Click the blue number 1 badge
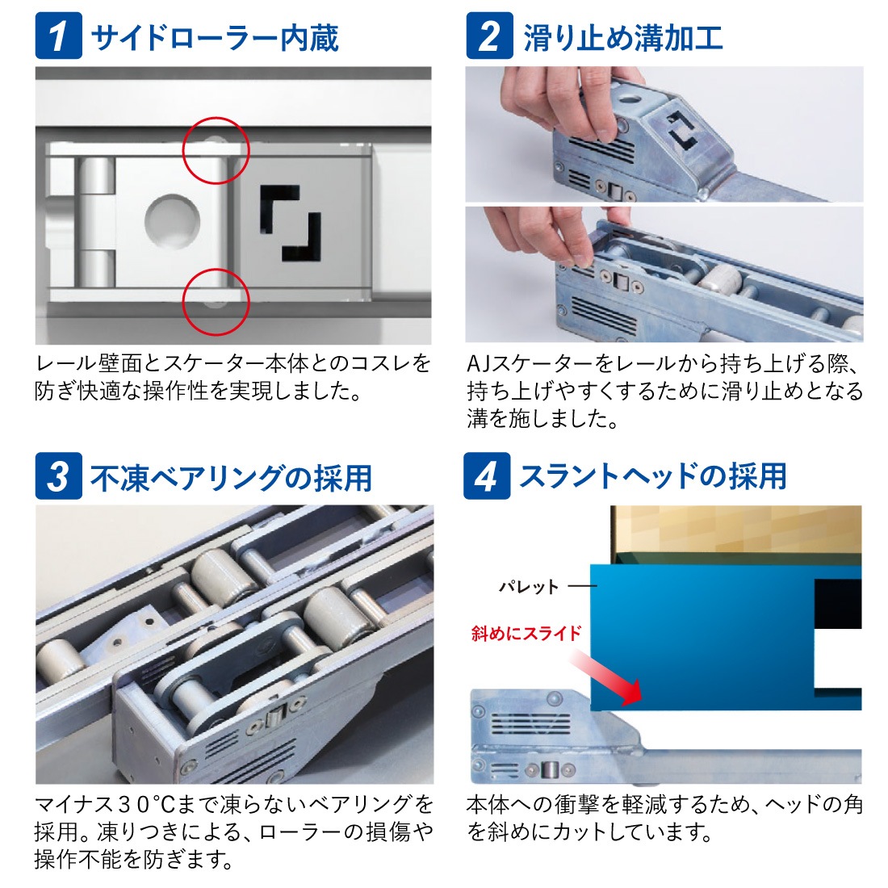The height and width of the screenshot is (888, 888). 58,36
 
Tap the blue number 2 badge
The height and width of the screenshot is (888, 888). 489,36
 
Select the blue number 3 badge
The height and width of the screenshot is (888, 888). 58,475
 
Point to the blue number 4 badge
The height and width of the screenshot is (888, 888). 487,475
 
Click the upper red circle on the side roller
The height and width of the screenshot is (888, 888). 216,118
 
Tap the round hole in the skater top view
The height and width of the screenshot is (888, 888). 172,221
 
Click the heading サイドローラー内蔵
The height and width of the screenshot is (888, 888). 215,37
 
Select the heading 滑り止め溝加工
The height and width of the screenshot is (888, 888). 623,37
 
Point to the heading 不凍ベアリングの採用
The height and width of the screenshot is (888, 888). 231,477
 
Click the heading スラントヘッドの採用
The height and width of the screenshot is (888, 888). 653,475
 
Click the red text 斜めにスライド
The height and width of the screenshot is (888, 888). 526,633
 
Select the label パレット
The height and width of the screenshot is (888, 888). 529,586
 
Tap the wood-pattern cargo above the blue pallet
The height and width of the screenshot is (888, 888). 736,529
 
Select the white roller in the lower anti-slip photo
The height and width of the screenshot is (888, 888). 720,279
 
